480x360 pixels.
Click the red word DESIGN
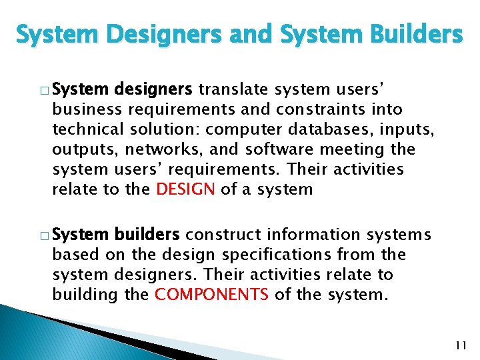[x=185, y=189]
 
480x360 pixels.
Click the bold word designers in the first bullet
[x=154, y=89]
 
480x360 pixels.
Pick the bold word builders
[x=147, y=235]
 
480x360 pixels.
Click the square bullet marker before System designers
[x=44, y=90]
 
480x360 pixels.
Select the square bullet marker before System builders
[x=44, y=236]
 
